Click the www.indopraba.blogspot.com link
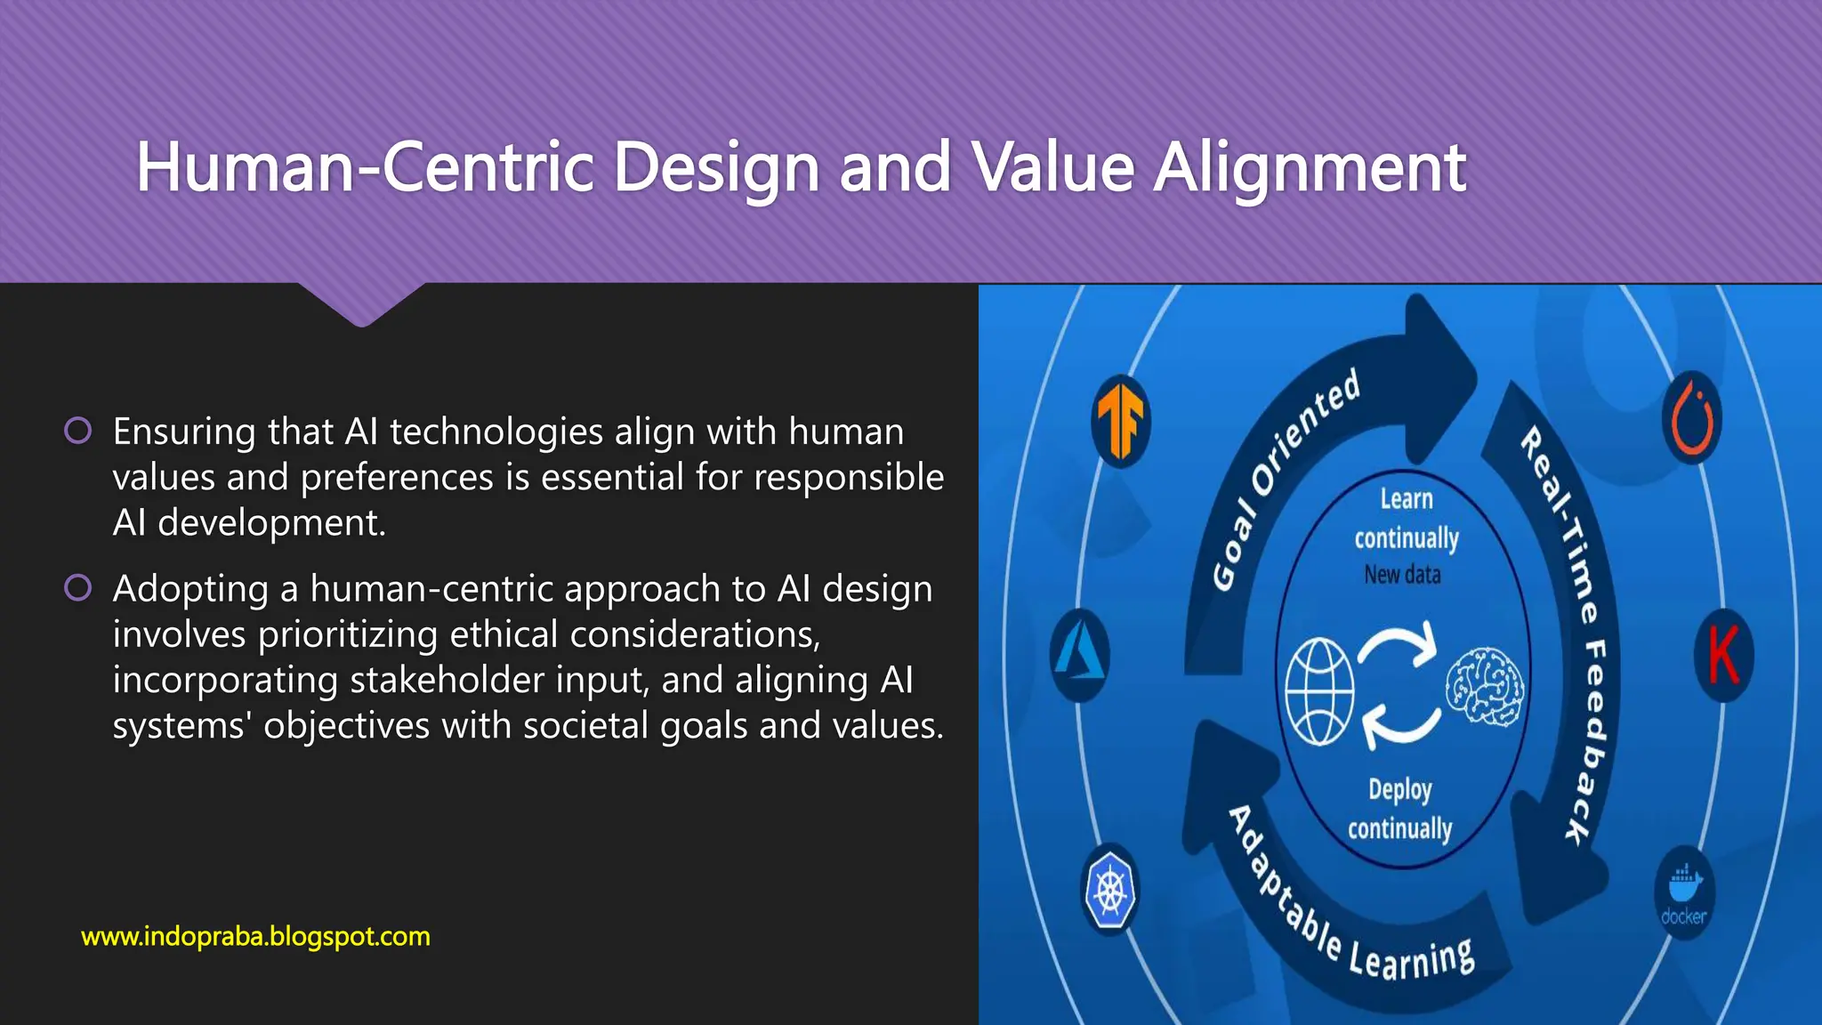(255, 936)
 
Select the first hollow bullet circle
(78, 431)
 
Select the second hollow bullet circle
(78, 588)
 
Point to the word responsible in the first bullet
(848, 477)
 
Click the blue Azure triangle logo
(1079, 655)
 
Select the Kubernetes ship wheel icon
(1110, 890)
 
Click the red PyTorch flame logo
(1692, 418)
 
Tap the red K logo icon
(1723, 655)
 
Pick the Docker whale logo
(1684, 892)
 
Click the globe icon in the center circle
(1319, 690)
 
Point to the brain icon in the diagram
(1484, 686)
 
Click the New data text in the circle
(1402, 575)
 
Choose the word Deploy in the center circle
(1399, 789)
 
